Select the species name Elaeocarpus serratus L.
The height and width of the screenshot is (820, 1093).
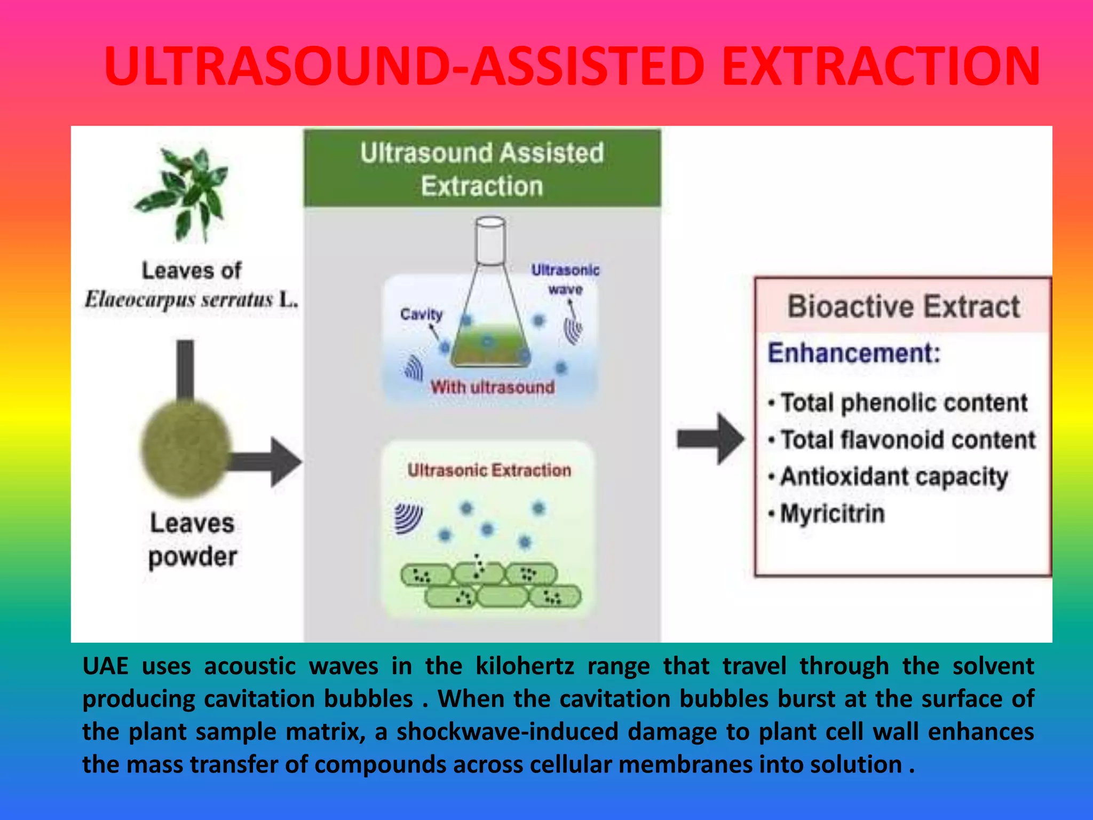point(191,299)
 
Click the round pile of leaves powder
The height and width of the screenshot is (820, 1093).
point(185,447)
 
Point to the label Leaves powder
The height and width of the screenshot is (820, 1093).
point(192,540)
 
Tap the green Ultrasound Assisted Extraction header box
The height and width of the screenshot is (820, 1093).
point(482,169)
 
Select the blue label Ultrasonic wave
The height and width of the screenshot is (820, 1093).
point(565,279)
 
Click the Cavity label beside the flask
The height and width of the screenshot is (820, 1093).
point(422,314)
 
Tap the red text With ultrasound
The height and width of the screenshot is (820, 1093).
point(492,387)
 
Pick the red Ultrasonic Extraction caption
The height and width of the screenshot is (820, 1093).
point(489,470)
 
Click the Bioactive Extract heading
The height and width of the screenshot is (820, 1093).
point(903,306)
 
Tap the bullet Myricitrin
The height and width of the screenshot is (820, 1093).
point(832,514)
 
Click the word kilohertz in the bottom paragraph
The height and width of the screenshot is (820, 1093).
point(525,666)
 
